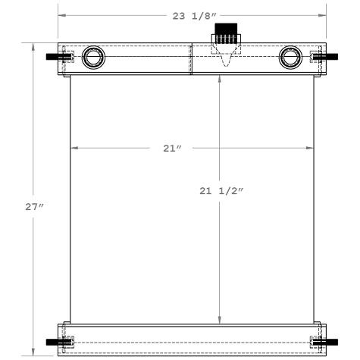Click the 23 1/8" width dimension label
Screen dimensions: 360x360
194,14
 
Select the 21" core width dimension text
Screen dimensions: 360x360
172,148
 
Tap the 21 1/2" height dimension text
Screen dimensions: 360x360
221,192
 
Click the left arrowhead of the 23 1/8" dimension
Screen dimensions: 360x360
61,14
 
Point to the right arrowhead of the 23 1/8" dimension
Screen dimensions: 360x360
324,14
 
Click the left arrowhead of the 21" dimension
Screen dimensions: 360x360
74,148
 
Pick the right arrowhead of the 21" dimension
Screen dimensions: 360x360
311,148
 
